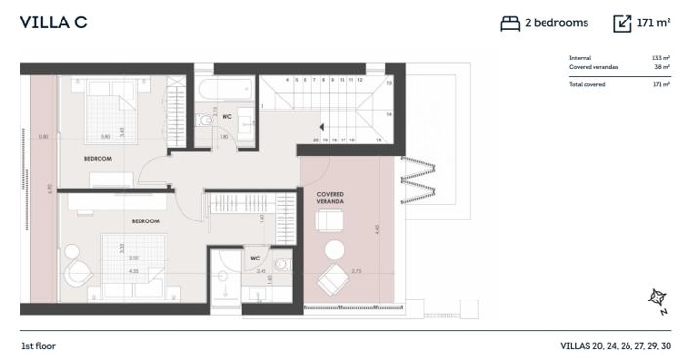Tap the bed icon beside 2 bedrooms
coord(509,23)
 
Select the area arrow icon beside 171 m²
coord(623,23)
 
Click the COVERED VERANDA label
coord(330,197)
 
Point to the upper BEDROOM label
coord(98,158)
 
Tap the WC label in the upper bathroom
coord(226,117)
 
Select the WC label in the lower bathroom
coord(254,259)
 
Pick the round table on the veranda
coord(335,248)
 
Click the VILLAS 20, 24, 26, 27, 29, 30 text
coord(616,346)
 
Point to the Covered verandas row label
coord(593,67)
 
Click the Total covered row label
coord(587,85)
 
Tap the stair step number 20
coord(316,140)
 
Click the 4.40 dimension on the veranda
coord(376,230)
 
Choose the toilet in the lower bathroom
coord(283,263)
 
